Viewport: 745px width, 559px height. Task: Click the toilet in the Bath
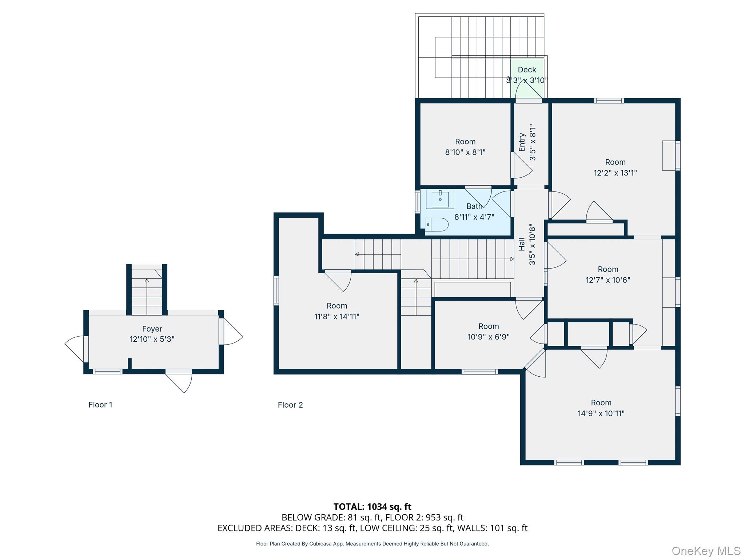coord(437,225)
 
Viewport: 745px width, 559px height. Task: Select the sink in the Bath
coord(440,199)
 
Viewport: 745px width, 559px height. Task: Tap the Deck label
coord(527,70)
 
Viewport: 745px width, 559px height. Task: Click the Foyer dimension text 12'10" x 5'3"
coord(152,339)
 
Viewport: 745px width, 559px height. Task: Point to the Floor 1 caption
coord(100,405)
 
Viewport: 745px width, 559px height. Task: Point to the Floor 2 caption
coord(290,405)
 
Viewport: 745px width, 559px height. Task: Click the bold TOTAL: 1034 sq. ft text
coord(372,507)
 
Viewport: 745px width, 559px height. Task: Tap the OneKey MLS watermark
coord(706,551)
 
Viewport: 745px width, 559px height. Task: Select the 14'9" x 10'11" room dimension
coord(601,413)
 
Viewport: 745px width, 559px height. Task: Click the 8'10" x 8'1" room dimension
coord(465,152)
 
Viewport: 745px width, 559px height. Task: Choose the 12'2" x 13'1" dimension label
coord(615,173)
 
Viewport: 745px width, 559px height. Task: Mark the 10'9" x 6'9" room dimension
coord(488,337)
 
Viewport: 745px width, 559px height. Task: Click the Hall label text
coord(522,244)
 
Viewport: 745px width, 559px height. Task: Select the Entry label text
coord(522,142)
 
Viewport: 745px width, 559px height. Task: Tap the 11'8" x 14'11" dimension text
coord(336,317)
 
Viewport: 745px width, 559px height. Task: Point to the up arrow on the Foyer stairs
coord(147,281)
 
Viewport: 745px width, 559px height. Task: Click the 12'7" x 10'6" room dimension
coord(608,280)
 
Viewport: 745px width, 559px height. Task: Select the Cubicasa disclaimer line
coord(372,544)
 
